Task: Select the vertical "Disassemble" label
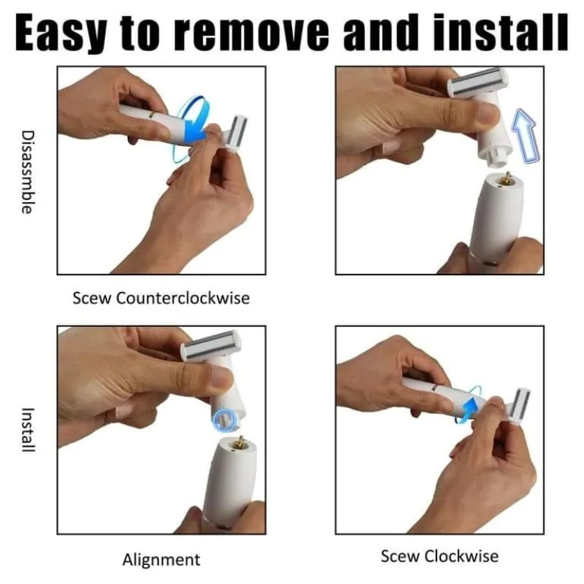pyautogui.click(x=27, y=172)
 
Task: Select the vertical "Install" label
pyautogui.click(x=28, y=430)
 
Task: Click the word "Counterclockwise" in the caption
pyautogui.click(x=183, y=298)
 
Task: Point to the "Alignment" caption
pyautogui.click(x=161, y=559)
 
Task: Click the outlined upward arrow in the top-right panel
pyautogui.click(x=526, y=136)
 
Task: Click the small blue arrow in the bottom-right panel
pyautogui.click(x=470, y=408)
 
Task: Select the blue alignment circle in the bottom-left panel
pyautogui.click(x=224, y=420)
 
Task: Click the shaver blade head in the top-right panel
pyautogui.click(x=478, y=81)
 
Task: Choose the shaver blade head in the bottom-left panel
pyautogui.click(x=211, y=345)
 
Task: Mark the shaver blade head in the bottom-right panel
pyautogui.click(x=519, y=407)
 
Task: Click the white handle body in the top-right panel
pyautogui.click(x=496, y=217)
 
